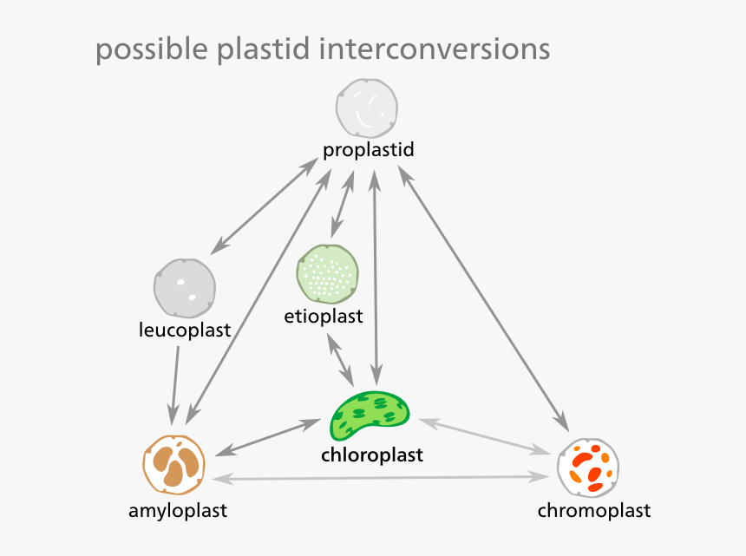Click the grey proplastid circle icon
[x=367, y=108]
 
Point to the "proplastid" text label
[x=368, y=150]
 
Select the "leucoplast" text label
[x=184, y=330]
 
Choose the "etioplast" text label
[x=323, y=316]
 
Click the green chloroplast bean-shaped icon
[x=370, y=415]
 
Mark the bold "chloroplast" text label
[x=371, y=455]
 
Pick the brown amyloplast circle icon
[x=173, y=466]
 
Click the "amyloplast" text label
[x=178, y=510]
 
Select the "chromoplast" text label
[x=593, y=510]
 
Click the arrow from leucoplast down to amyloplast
[x=176, y=382]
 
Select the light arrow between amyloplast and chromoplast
[x=382, y=478]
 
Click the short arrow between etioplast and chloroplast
[x=340, y=359]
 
